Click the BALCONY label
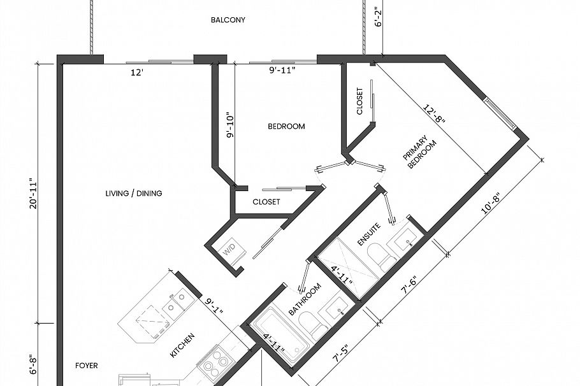coord(228,20)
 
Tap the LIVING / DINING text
coord(134,193)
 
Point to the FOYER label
coord(87,366)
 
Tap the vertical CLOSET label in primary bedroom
coord(359,102)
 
